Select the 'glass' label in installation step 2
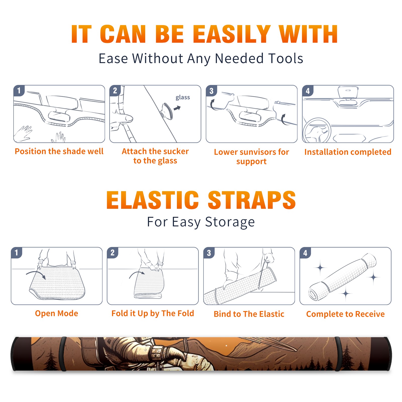pos(183,97)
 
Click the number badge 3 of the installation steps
pos(212,91)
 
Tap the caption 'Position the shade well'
pos(59,151)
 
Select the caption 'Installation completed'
pos(348,152)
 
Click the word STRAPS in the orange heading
pos(252,200)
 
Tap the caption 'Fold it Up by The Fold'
pos(153,313)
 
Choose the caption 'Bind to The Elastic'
pos(249,314)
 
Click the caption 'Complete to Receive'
pos(345,314)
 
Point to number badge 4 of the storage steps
pos(305,253)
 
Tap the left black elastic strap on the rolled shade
pos(63,354)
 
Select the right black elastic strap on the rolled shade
pos(338,354)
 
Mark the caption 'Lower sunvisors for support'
pos(252,157)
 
